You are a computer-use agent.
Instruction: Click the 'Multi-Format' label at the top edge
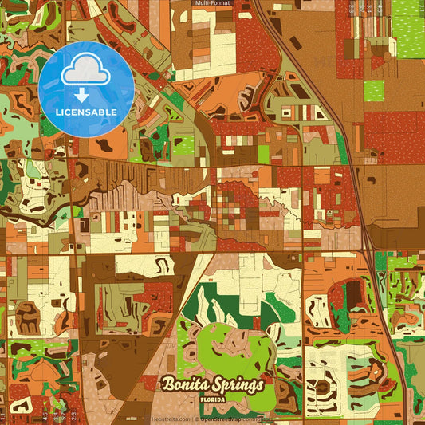coord(212,3)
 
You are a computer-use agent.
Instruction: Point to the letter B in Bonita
coord(168,384)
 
